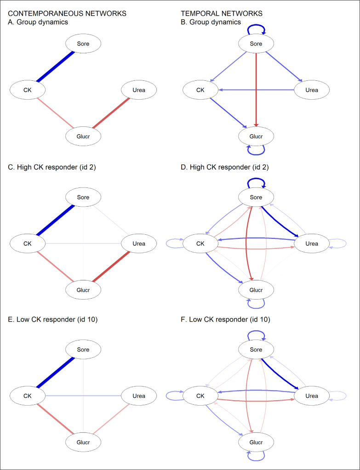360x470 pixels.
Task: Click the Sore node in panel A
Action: point(83,44)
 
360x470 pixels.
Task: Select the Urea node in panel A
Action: point(139,90)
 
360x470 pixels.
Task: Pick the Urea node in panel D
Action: point(311,243)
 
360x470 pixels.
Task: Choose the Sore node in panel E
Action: point(83,350)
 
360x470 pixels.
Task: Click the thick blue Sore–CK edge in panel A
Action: point(55,67)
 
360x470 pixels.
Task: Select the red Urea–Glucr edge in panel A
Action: point(111,113)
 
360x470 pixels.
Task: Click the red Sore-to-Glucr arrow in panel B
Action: point(256,87)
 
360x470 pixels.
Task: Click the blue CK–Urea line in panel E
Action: point(83,396)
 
